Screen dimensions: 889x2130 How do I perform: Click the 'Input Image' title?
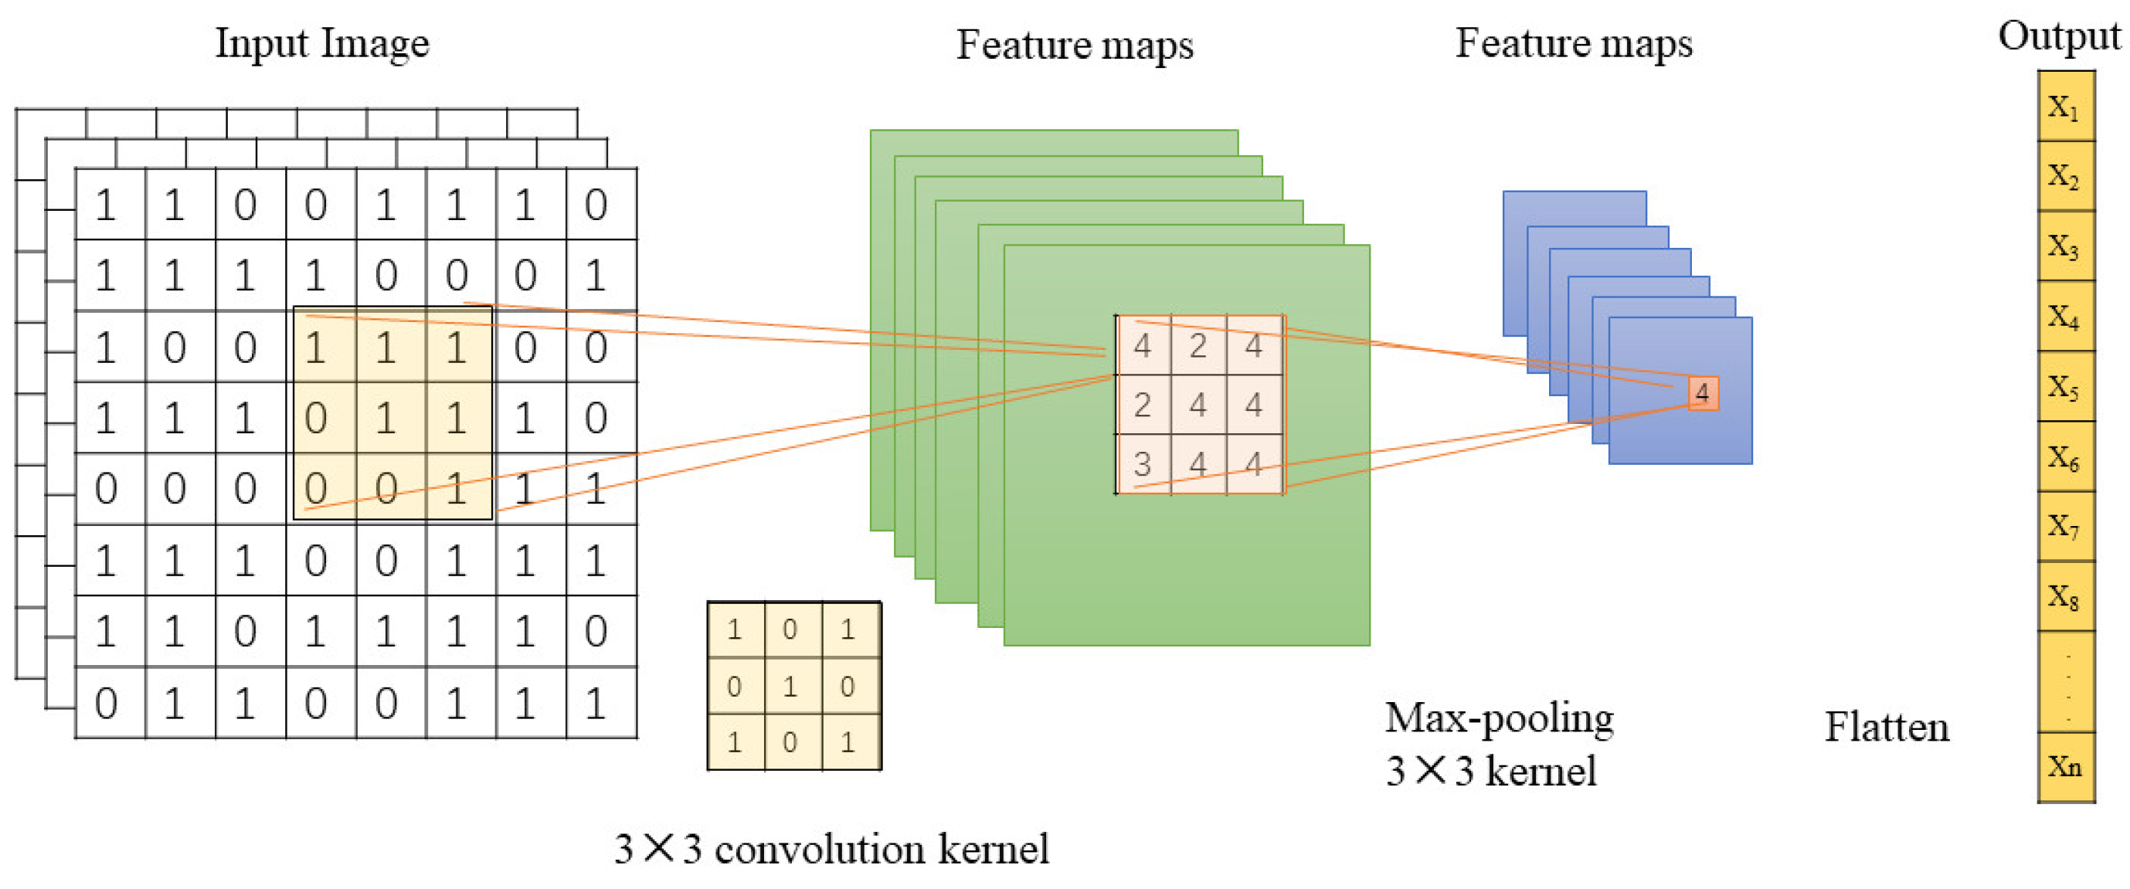322,43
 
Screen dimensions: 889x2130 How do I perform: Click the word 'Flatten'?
1887,728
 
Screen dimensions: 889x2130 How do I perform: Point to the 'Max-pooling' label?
1499,718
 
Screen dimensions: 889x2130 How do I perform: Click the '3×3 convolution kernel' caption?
831,850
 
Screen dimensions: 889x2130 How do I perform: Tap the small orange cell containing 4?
1703,393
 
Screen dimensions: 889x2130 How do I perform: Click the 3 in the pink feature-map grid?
1142,464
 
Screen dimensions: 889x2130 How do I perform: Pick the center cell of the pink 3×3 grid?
1198,405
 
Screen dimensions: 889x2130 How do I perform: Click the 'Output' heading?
2059,36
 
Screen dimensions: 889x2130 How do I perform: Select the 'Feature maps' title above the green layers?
1075,45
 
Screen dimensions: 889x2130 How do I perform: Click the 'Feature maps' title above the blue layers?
1574,43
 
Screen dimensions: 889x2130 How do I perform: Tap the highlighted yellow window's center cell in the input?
386,417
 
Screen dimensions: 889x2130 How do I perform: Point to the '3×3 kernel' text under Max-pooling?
1491,772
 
